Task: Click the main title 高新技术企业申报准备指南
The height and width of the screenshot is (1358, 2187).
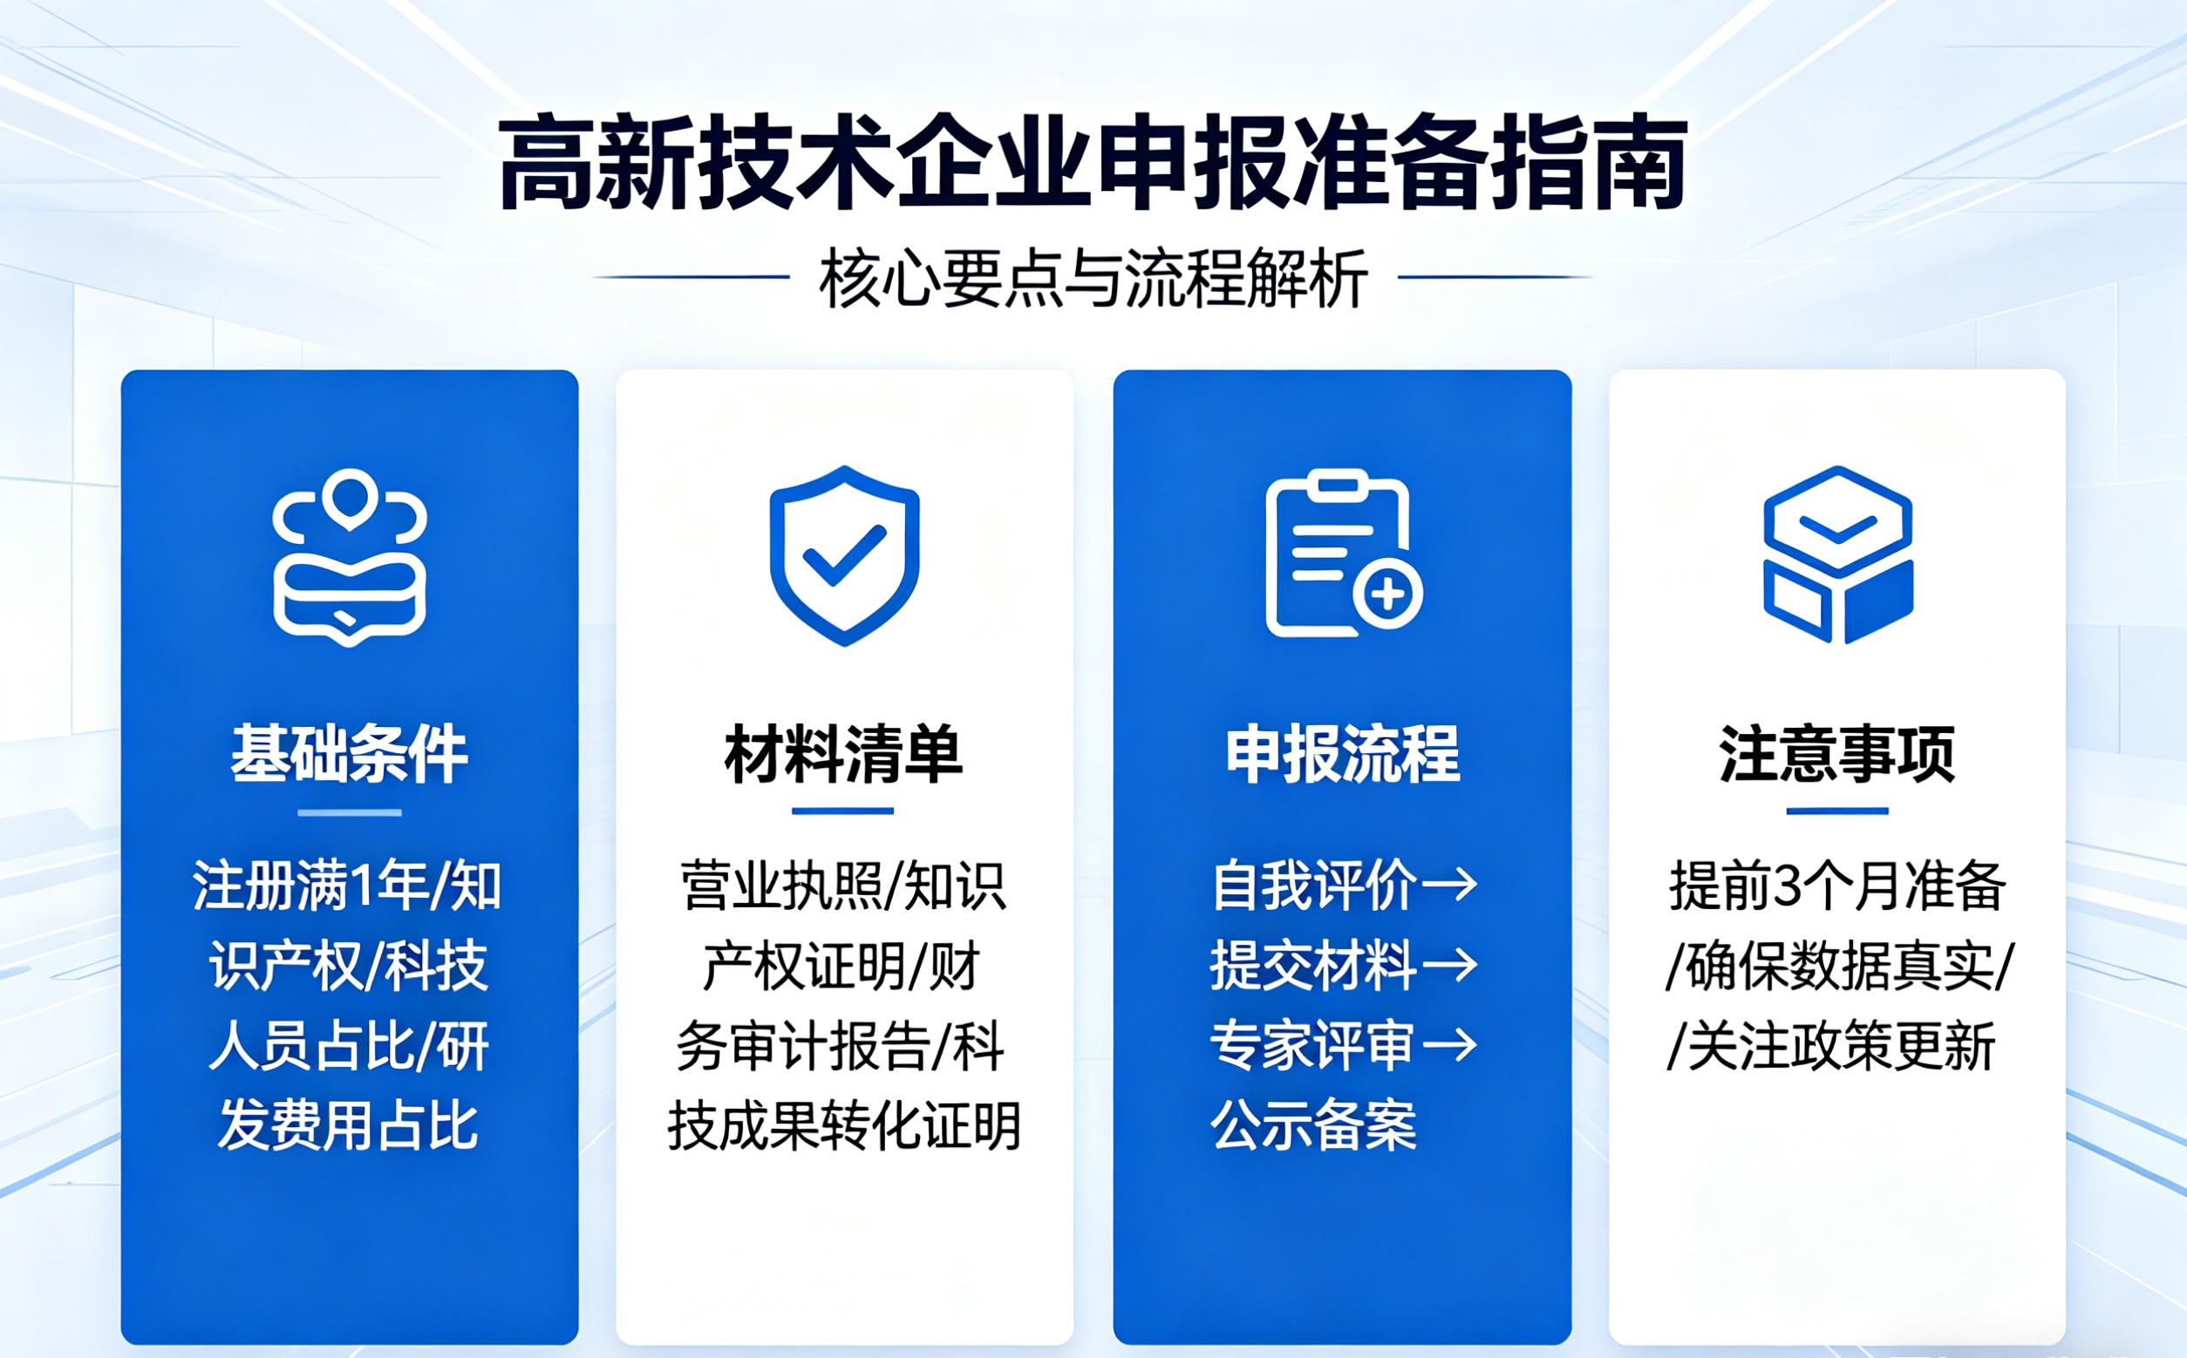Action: (x=1093, y=164)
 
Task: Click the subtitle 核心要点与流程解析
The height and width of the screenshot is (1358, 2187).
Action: (x=1093, y=278)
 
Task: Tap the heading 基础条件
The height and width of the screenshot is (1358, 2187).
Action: (x=350, y=755)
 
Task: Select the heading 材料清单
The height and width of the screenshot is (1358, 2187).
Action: (x=843, y=755)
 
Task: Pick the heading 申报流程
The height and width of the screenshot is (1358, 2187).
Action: (x=1342, y=755)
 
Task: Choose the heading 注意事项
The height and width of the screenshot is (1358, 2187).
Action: (x=1836, y=755)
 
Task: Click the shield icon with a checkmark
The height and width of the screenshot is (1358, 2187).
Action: (x=844, y=555)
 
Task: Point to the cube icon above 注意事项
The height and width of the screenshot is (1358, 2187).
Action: (x=1837, y=554)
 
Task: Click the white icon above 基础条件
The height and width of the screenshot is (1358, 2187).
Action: (x=350, y=556)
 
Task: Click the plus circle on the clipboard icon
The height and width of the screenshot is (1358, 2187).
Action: (x=1387, y=594)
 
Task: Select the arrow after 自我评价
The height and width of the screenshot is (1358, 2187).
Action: (x=1449, y=885)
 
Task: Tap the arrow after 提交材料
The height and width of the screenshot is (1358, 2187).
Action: (x=1449, y=966)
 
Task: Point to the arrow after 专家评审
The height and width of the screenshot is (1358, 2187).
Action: (x=1449, y=1044)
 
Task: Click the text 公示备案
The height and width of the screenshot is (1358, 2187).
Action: (x=1312, y=1124)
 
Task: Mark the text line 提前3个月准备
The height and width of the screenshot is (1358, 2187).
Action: (x=1836, y=886)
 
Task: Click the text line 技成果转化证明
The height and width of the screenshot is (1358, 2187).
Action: (x=844, y=1125)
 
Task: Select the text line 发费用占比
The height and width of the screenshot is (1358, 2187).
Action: (x=349, y=1125)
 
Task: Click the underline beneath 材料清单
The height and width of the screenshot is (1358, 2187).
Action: (x=843, y=811)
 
